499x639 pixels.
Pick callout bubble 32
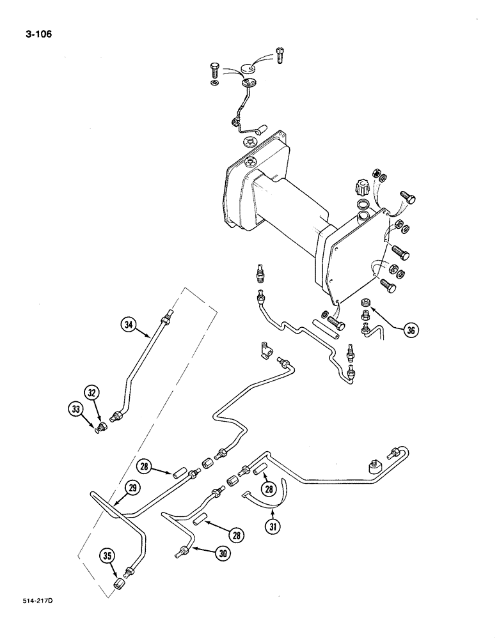(91, 392)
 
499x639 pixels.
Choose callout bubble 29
(132, 489)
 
